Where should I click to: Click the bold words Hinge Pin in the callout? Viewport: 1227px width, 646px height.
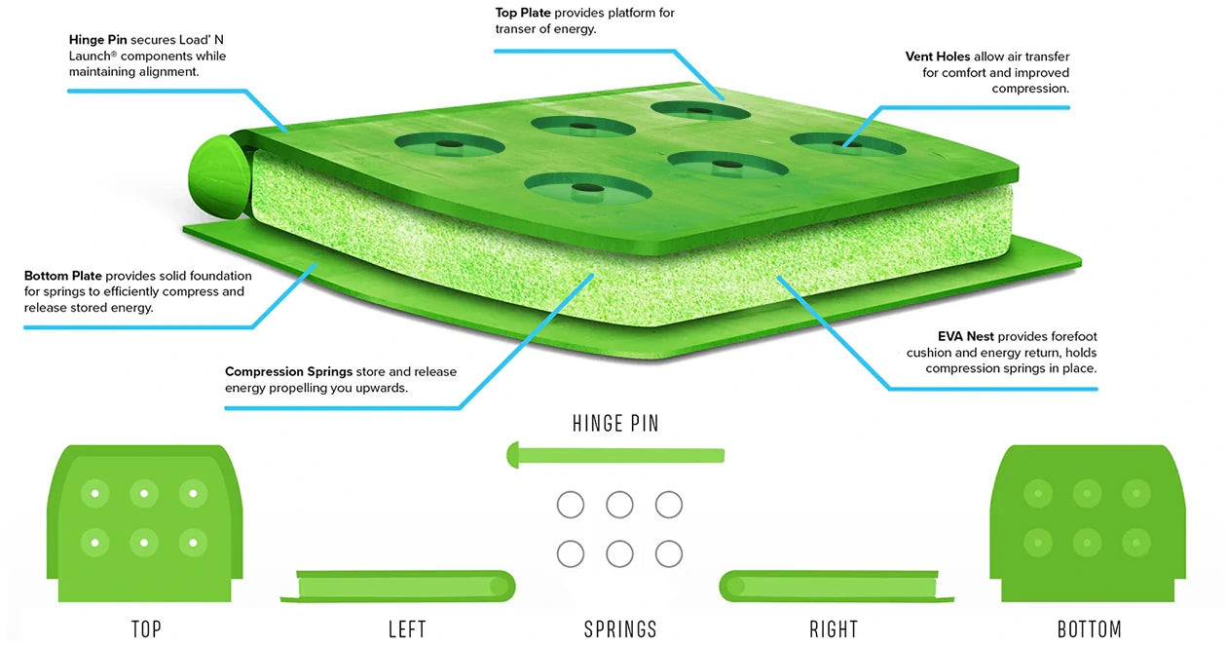click(x=97, y=40)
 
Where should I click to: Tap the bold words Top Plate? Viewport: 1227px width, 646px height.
click(x=523, y=13)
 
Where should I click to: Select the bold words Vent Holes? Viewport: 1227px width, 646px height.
click(x=937, y=57)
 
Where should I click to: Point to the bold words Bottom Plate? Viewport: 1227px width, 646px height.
click(x=63, y=276)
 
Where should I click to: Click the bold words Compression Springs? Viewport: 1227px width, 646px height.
click(x=288, y=372)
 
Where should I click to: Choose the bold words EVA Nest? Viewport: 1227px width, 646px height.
click(x=965, y=336)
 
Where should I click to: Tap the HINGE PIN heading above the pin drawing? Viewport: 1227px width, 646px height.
click(x=615, y=424)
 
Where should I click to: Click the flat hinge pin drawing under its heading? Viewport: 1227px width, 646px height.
click(x=615, y=455)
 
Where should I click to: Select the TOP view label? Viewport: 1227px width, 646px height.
click(x=146, y=629)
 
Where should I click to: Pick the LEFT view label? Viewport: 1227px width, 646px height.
click(x=407, y=629)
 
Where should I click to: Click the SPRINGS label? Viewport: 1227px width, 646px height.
click(x=620, y=629)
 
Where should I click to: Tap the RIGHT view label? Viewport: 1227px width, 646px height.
click(x=834, y=629)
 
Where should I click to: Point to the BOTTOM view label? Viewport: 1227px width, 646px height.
click(x=1090, y=629)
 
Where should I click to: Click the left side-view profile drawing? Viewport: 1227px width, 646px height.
click(x=398, y=587)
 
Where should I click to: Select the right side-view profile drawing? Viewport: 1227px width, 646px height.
click(x=837, y=587)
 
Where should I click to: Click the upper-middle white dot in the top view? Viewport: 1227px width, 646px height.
click(x=144, y=494)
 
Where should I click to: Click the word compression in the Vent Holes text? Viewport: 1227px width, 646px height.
click(x=1030, y=89)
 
